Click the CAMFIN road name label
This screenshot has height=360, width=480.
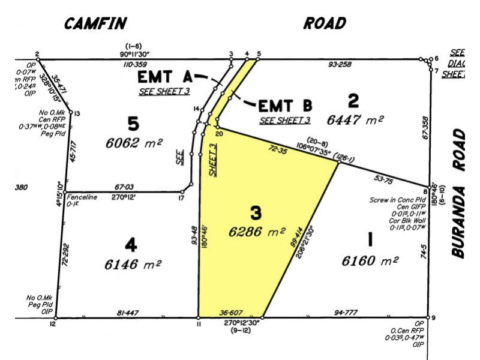pyautogui.click(x=96, y=23)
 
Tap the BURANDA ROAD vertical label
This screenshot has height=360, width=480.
pyautogui.click(x=458, y=193)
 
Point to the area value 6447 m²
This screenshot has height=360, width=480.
pyautogui.click(x=355, y=119)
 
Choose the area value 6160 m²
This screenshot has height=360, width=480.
pyautogui.click(x=370, y=261)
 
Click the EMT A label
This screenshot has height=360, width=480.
pyautogui.click(x=165, y=77)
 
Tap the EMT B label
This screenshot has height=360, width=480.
pyautogui.click(x=286, y=106)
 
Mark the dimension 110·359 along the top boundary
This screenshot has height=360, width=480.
pyautogui.click(x=135, y=64)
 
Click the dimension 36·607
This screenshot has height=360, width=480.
pyautogui.click(x=231, y=312)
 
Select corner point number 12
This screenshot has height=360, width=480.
pyautogui.click(x=53, y=325)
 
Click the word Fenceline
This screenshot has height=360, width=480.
pyautogui.click(x=82, y=196)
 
